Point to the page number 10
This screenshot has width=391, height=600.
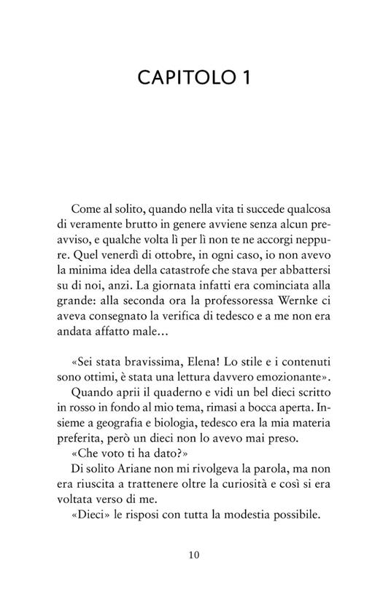tap(195, 554)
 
